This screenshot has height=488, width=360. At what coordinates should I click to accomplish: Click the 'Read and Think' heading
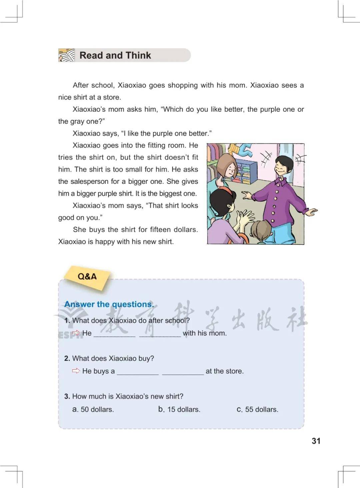coord(115,55)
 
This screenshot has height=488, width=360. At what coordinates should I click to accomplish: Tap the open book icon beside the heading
coord(67,55)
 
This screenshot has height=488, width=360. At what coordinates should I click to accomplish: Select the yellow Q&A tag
coord(87,277)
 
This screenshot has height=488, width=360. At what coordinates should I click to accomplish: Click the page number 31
coord(316,441)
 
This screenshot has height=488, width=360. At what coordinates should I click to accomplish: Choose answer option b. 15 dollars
coord(179,409)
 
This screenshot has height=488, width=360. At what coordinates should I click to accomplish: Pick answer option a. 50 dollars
coord(93,409)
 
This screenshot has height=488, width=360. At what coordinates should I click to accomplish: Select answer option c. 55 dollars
coord(257,409)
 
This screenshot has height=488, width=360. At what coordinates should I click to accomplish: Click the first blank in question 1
coord(114,334)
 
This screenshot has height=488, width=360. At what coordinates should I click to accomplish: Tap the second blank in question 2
coord(183,372)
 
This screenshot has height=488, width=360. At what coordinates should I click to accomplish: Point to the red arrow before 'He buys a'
coord(76,371)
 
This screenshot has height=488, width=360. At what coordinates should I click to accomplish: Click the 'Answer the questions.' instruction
coord(109,304)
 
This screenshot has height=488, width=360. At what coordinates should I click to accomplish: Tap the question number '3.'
coord(67,396)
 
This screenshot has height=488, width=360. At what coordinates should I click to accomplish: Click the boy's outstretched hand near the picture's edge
coord(312,211)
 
